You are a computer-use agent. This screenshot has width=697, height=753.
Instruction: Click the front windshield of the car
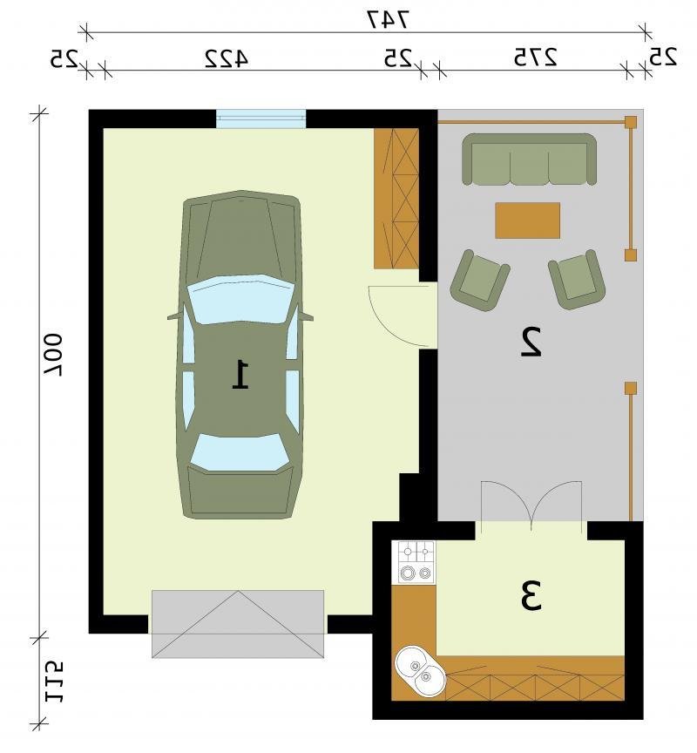pos(240,299)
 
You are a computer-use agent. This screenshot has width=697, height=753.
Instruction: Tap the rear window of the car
pos(239,452)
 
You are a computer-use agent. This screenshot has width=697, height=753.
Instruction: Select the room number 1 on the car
pos(240,375)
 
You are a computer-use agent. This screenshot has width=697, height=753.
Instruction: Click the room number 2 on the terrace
pos(531,342)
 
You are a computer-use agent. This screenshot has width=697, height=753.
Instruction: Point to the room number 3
pos(531,596)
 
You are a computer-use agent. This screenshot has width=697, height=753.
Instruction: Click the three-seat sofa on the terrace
pos(529,159)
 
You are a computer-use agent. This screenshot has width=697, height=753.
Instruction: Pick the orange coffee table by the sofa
pos(528,220)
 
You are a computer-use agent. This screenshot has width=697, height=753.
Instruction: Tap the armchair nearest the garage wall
pos(479,280)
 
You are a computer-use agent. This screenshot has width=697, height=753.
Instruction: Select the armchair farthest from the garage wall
pos(577,279)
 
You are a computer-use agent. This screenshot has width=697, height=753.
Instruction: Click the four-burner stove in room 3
pos(413,562)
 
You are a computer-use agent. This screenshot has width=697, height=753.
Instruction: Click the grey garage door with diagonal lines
pos(238,623)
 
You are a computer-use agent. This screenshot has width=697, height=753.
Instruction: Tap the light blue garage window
pos(261,119)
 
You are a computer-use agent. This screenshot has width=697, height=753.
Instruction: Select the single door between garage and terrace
pos(403,315)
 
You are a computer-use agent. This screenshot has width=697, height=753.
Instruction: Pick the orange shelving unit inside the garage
pos(396,199)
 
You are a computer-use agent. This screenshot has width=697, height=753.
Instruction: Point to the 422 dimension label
pos(227,58)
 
